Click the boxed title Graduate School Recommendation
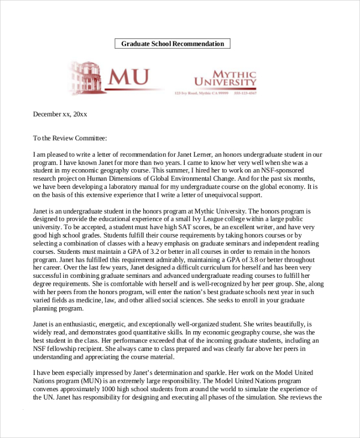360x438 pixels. (x=172, y=44)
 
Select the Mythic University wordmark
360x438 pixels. (x=224, y=78)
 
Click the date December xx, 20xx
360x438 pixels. (x=60, y=113)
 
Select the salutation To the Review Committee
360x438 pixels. (x=70, y=138)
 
